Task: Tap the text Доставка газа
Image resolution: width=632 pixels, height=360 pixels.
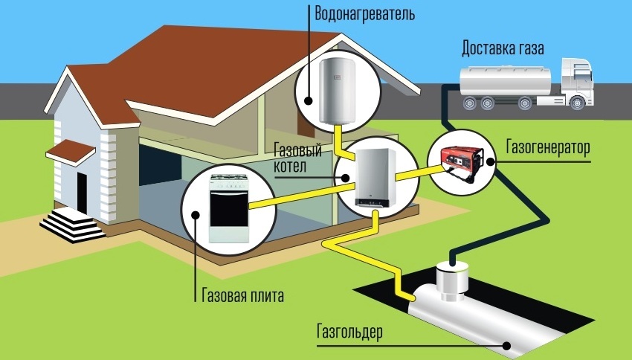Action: pos(503,50)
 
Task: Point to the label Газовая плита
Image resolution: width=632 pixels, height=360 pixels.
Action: pos(243,294)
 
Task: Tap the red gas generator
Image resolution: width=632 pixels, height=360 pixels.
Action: pos(461,159)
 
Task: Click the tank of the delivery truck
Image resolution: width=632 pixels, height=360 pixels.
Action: pos(501,80)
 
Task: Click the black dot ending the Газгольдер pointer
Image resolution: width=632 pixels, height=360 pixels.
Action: pos(504,344)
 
